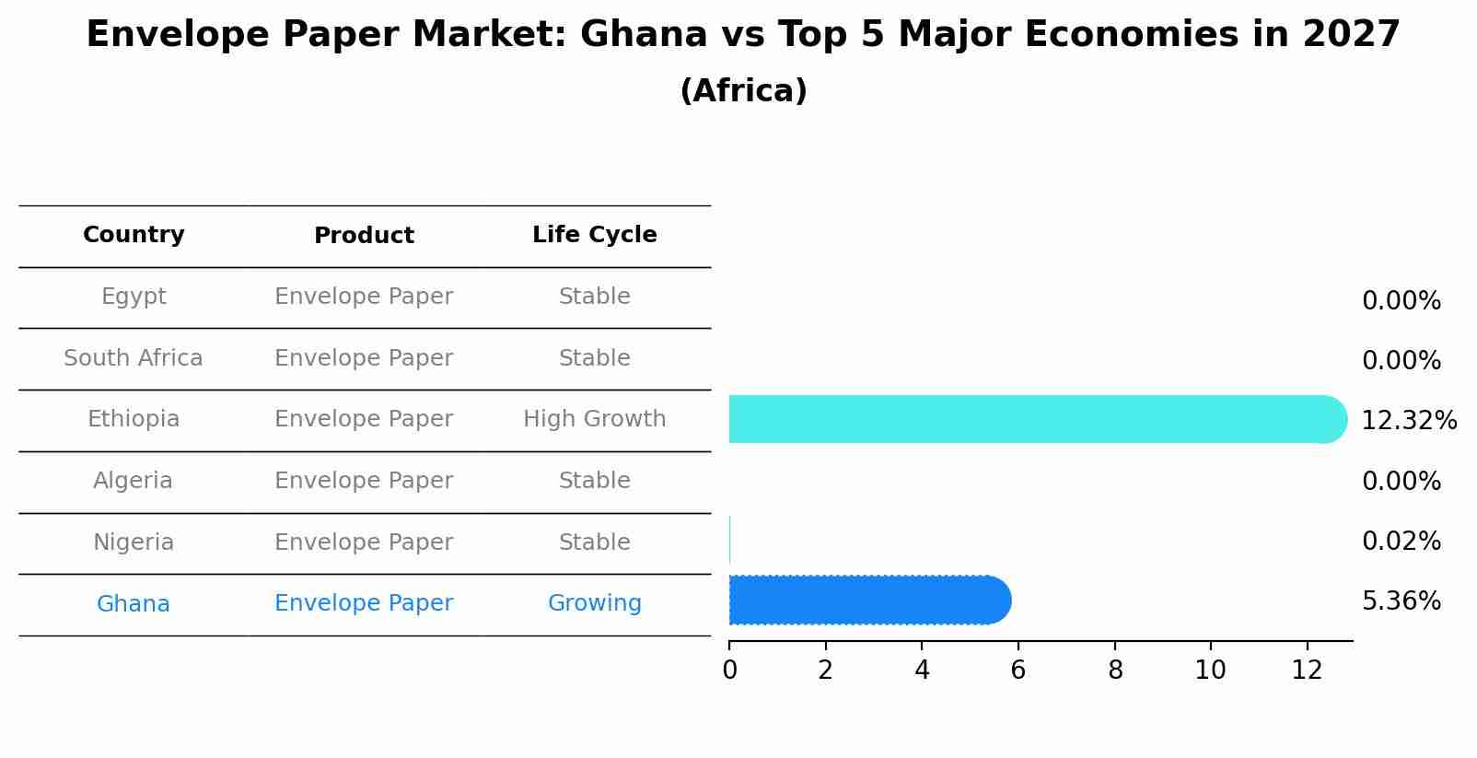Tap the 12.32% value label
point(1408,421)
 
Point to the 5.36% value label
point(1401,601)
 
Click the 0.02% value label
point(1401,542)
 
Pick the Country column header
point(134,235)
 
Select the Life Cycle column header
point(594,235)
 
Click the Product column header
point(364,236)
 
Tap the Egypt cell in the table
point(134,297)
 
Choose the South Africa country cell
point(134,358)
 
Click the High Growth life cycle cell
point(594,419)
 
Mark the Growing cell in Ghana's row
point(594,603)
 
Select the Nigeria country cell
point(134,542)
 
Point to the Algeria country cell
point(134,481)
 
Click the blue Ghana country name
point(134,604)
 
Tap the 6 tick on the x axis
point(1018,671)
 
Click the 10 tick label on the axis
point(1210,671)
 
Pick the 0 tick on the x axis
point(729,671)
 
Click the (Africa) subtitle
point(743,91)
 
